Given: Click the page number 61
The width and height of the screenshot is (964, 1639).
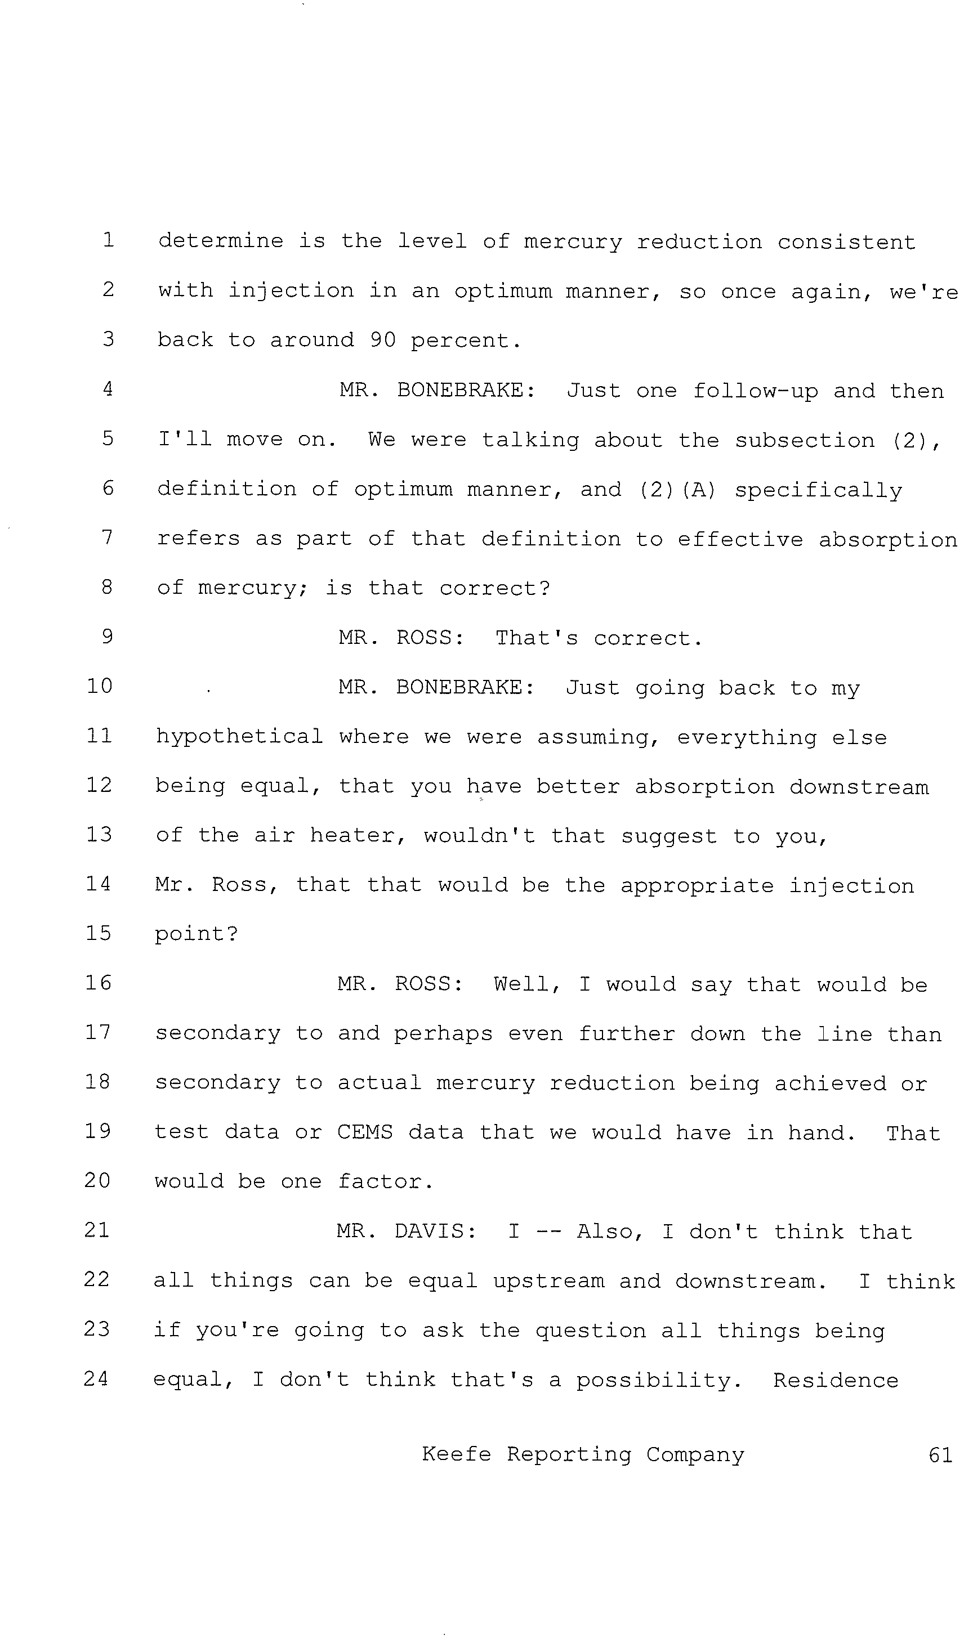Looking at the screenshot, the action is (940, 1454).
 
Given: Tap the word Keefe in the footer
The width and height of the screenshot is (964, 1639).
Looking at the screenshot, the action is (456, 1454).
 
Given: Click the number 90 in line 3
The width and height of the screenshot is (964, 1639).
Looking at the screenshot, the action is (382, 339).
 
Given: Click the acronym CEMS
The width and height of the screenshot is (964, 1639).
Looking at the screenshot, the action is (365, 1132).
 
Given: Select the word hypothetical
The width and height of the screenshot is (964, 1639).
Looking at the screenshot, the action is (239, 736).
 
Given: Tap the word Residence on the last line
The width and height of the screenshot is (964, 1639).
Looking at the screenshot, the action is (836, 1380).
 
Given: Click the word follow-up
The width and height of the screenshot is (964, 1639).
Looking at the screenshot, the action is (755, 391).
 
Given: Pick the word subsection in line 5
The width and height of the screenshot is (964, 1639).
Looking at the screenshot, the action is (805, 440).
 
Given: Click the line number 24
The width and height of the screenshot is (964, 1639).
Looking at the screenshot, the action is (96, 1378).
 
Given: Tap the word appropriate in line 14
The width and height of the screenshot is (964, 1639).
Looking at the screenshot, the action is (697, 886).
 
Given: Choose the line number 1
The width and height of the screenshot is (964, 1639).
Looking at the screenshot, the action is (108, 240).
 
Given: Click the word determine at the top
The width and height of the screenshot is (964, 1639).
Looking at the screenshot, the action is (221, 241).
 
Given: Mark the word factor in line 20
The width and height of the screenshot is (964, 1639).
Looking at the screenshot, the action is (386, 1181).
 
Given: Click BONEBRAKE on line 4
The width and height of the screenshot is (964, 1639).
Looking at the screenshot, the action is (466, 390).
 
